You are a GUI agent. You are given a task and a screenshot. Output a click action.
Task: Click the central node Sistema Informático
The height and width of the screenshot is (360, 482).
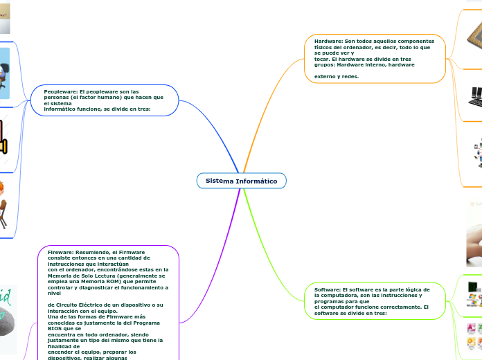click(x=241, y=181)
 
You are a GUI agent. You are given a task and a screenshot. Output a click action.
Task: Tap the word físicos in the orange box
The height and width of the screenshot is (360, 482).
click(x=323, y=47)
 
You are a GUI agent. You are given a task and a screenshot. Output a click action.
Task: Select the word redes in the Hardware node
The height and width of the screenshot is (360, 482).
click(x=349, y=76)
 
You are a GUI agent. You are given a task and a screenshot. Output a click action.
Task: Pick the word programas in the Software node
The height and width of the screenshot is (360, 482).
click(x=329, y=301)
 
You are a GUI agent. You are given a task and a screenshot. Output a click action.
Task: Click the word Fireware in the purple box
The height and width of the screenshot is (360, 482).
click(x=60, y=253)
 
